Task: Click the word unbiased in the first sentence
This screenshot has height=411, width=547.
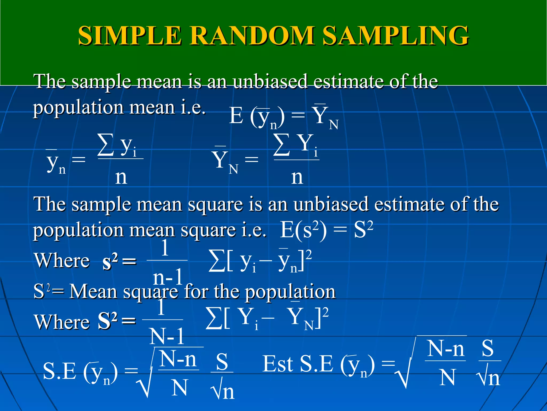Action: (x=270, y=81)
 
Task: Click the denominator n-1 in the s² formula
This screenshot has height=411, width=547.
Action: (x=168, y=277)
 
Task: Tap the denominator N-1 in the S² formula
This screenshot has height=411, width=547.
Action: (x=167, y=337)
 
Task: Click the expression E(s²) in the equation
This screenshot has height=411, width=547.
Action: (x=303, y=230)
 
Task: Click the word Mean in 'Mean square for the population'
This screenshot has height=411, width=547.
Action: (x=93, y=291)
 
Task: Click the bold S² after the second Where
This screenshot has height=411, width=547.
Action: (x=107, y=321)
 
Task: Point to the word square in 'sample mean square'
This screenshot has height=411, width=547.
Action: (x=215, y=205)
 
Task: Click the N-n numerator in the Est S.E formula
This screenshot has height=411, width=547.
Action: (x=446, y=349)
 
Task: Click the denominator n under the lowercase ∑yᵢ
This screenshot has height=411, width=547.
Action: (x=121, y=177)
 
